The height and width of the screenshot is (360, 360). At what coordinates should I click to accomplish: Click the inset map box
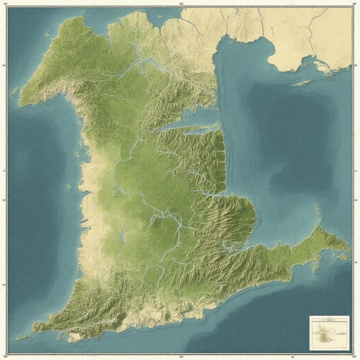(329, 333)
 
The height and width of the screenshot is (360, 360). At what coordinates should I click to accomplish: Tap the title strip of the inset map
(329, 320)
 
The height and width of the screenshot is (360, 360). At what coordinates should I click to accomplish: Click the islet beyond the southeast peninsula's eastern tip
(343, 257)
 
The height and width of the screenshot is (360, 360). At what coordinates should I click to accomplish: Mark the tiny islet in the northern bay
(160, 16)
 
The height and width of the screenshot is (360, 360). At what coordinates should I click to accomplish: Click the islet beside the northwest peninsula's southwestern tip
(15, 92)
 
